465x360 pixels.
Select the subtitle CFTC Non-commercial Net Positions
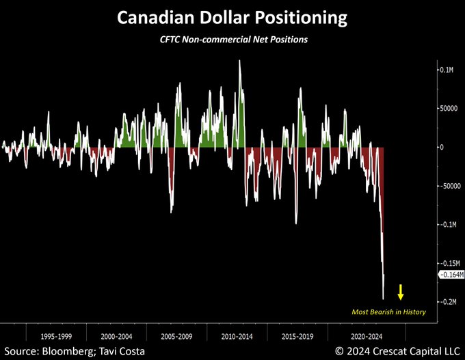[x=232, y=40]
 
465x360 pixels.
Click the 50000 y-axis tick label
[x=449, y=108]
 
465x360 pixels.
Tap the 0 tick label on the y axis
[x=442, y=147]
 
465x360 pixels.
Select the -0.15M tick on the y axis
[x=449, y=263]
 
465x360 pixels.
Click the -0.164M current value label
[x=451, y=275]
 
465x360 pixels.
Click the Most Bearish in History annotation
[x=388, y=312]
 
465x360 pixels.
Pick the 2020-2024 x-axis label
[x=356, y=337]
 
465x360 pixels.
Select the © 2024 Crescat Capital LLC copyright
[x=397, y=351]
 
